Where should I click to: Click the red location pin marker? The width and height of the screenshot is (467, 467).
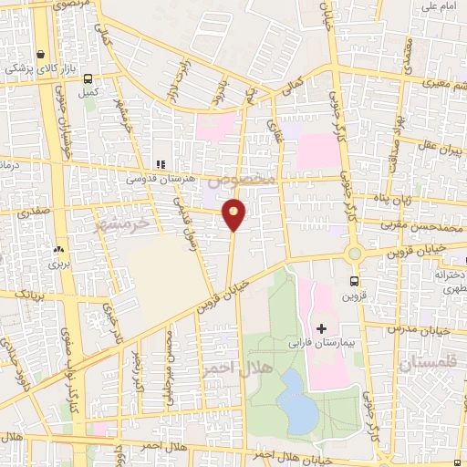pos(234,213)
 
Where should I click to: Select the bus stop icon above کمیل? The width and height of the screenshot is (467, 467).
pos(88,78)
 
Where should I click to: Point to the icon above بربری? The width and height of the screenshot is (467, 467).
pos(59,248)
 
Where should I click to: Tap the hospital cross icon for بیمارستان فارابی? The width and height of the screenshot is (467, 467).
pos(321,327)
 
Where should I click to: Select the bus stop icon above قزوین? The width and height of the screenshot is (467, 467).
pos(355,282)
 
